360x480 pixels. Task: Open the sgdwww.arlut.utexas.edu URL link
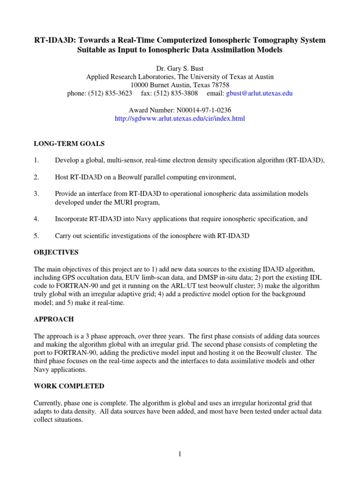tap(180, 119)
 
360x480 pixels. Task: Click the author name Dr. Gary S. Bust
tap(180, 68)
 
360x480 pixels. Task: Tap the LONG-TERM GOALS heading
tap(69, 143)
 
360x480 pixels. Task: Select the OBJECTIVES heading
tap(56, 252)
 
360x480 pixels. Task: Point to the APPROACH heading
tap(54, 319)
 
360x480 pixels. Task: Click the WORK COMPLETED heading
tap(69, 386)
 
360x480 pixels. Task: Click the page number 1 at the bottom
tap(180, 454)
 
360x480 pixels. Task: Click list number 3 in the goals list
tap(36, 194)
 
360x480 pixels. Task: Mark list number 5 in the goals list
tap(36, 236)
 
